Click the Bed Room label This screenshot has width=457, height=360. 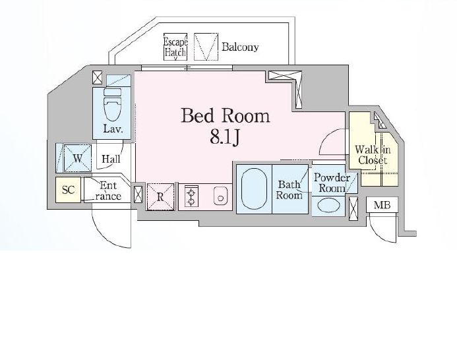coord(226,116)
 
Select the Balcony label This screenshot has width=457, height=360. coord(240,47)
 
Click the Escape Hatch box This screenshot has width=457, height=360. coord(175,47)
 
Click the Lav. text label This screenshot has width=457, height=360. coord(113,129)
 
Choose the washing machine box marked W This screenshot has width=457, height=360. coord(78,158)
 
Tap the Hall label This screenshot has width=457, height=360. coord(111,159)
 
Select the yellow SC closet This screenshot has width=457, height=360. coord(68,190)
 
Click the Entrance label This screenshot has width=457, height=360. coord(108,191)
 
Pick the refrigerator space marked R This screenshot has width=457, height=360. coord(160,196)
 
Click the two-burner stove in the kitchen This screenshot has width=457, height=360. coord(191,196)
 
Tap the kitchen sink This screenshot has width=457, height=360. coord(220,196)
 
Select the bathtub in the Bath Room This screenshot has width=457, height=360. coord(254,189)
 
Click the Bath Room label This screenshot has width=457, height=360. coord(289,190)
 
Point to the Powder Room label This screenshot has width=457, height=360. coord(332,183)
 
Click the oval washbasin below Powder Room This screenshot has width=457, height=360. coord(328,205)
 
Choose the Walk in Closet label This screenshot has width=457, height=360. coord(373,155)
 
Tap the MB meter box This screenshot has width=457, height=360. coord(382,205)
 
